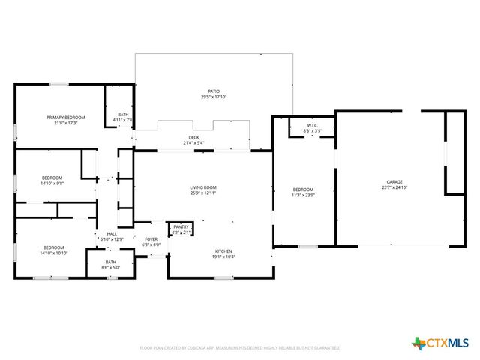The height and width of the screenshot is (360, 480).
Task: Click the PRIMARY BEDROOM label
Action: [x=65, y=118]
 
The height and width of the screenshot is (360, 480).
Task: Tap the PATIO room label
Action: [x=214, y=91]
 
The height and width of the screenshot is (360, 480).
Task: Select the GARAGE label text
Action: [x=394, y=182]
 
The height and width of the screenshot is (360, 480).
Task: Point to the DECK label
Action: [x=193, y=138]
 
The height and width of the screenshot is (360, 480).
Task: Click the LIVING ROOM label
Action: [x=202, y=187]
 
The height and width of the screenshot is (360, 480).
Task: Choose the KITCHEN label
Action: [x=223, y=251]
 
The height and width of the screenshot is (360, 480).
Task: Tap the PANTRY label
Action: [x=181, y=226]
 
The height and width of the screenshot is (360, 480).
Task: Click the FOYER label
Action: [x=151, y=239]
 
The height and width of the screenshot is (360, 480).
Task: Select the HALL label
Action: [x=112, y=234]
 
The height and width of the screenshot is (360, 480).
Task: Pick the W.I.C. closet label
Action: [x=313, y=125]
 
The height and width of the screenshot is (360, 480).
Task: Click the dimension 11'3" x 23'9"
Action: [x=303, y=194]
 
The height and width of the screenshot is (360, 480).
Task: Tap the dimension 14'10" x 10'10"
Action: [x=54, y=253]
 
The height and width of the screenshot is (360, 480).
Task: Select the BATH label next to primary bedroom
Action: [x=122, y=115]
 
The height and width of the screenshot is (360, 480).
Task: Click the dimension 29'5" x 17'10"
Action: [x=214, y=97]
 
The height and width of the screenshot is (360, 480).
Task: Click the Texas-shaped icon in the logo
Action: [x=418, y=343]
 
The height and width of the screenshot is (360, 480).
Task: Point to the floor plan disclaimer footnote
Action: [x=240, y=348]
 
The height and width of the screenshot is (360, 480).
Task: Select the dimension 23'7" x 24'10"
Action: [x=394, y=187]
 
